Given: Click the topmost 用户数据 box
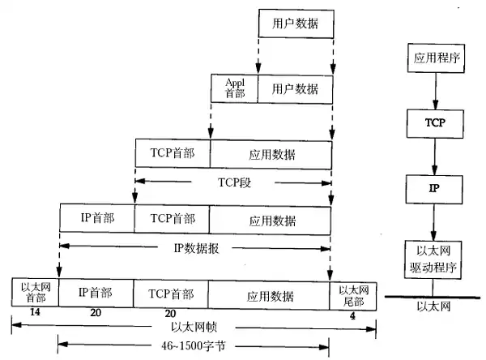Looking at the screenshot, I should (x=295, y=24).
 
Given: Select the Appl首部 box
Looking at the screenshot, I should (x=234, y=88).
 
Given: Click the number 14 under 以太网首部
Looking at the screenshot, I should (x=34, y=313).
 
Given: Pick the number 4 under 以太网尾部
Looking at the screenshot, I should (x=352, y=313).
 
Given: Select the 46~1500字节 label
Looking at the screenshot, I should (x=194, y=346).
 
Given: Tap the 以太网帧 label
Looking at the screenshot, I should (x=194, y=328).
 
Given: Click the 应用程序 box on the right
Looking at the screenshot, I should (x=437, y=59).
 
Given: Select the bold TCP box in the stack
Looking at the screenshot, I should (x=437, y=123).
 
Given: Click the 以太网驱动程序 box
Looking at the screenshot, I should (x=437, y=259).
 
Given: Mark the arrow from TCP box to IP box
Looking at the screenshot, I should (x=437, y=155).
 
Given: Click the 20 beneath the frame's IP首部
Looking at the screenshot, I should (x=96, y=313).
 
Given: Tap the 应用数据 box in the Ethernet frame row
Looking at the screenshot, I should (x=270, y=294).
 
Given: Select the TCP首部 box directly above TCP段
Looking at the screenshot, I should (x=173, y=153).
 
